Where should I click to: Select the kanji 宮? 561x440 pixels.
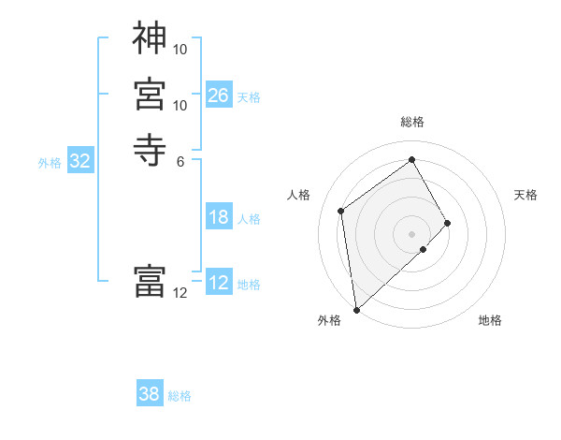point(150,95)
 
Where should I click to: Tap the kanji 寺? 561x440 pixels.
point(150,149)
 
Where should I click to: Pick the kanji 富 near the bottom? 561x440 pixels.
point(150,281)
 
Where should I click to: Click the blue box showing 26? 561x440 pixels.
point(219,95)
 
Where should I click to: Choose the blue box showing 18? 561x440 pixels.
point(219,217)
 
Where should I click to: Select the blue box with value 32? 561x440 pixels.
point(80,161)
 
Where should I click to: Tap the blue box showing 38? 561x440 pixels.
point(150,394)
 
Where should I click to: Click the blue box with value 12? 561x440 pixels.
point(219,283)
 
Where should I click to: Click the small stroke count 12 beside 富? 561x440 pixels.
point(180,293)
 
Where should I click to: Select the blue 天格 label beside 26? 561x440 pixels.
point(249,96)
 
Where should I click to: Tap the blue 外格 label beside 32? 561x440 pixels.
point(50,162)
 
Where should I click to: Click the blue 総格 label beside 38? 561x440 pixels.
point(180,395)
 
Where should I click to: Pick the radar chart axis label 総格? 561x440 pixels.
point(412,122)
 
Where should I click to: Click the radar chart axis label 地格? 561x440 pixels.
point(490,320)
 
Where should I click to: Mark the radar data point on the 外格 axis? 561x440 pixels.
point(356,309)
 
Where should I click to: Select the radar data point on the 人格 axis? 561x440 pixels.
point(340,211)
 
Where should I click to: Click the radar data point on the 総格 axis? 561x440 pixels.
point(412,159)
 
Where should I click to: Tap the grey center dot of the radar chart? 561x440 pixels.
point(412,233)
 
